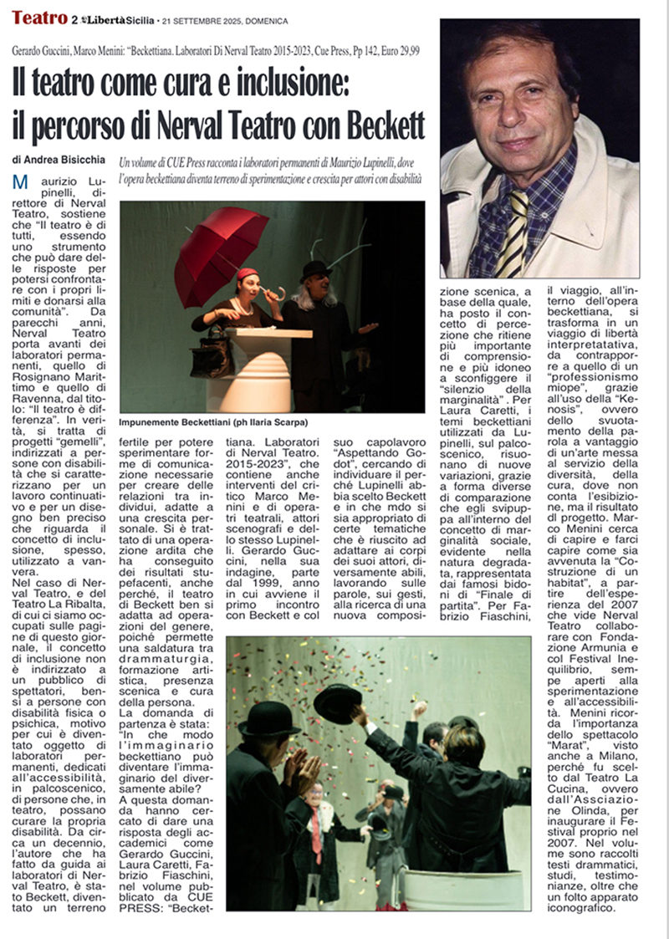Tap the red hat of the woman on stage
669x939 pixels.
(x=248, y=274)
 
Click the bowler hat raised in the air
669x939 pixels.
(x=337, y=702)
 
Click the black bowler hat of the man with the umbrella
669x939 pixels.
(x=316, y=269)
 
